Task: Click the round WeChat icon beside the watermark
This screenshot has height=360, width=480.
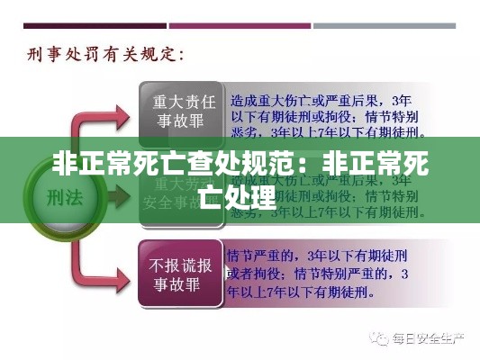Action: (376, 339)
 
